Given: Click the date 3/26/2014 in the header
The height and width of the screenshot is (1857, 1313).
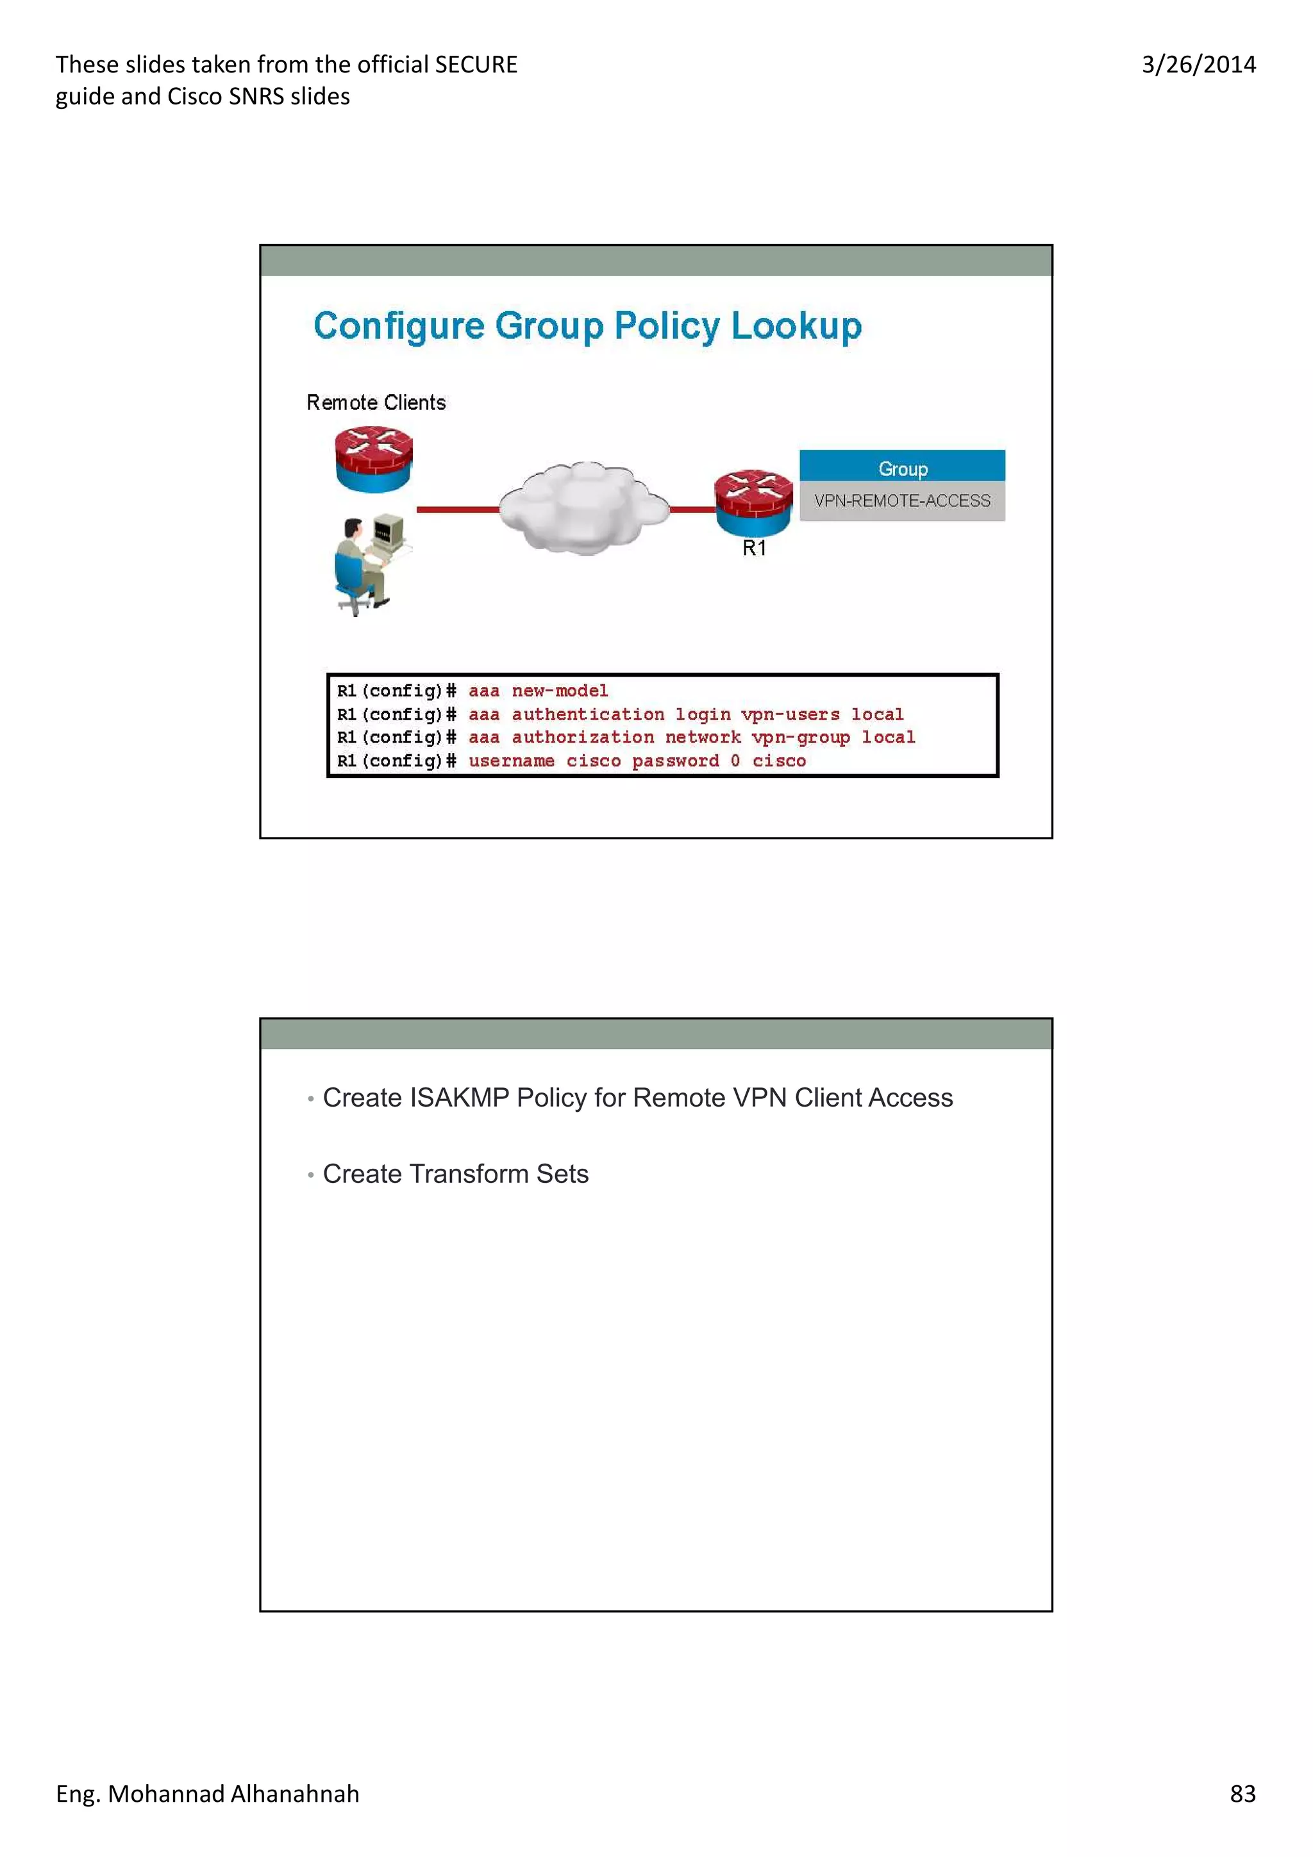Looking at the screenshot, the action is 1198,65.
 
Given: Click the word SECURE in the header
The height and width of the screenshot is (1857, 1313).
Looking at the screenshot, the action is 476,65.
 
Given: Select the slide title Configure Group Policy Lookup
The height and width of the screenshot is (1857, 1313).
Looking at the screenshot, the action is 587,326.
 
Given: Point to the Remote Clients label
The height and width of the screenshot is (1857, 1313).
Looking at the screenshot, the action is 376,403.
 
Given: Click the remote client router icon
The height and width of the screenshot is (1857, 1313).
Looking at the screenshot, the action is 374,459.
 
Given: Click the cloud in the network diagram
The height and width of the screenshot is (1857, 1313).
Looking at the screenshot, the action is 584,508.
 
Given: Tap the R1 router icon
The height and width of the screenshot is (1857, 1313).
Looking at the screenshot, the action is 753,502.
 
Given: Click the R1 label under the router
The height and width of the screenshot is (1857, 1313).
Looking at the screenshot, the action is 754,549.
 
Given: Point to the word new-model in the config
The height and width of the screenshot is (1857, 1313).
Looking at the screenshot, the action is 560,691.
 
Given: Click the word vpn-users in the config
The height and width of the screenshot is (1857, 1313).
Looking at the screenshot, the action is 790,714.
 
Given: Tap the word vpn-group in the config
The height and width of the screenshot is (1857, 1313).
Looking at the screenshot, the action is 800,737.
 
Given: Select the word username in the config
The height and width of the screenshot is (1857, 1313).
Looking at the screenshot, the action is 511,761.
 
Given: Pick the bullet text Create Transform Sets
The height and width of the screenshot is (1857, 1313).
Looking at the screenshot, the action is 455,1173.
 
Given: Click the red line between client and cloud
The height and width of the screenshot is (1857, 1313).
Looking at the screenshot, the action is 457,509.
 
